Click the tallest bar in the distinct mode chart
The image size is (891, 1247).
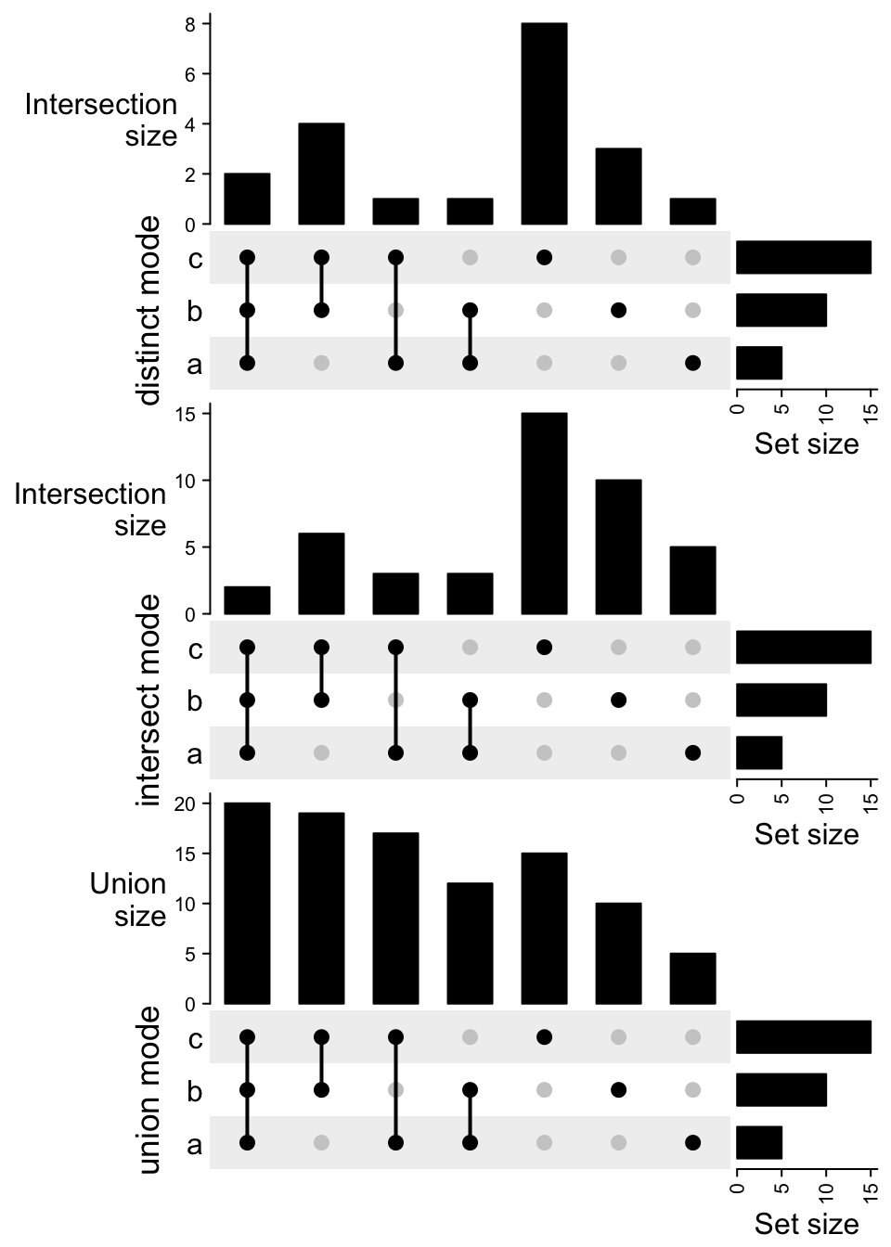[544, 124]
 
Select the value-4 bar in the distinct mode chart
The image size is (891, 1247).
[321, 174]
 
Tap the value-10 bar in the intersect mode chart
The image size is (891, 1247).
[618, 547]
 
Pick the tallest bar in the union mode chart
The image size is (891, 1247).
[247, 904]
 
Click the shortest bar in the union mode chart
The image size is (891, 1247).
[692, 979]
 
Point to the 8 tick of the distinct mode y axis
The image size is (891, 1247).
[190, 24]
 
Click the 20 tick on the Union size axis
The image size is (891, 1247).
[184, 804]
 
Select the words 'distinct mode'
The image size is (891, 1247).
[148, 311]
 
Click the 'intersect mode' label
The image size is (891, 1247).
[148, 701]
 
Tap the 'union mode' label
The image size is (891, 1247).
[148, 1090]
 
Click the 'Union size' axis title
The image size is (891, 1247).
[128, 900]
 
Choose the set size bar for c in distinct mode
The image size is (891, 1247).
[804, 257]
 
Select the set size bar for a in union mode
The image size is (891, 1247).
[759, 1142]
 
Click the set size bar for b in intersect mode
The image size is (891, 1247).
[781, 700]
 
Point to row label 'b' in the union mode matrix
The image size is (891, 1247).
[194, 1091]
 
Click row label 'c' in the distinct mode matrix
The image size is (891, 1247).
[194, 259]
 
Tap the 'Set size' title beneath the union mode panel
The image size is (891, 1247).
[806, 1224]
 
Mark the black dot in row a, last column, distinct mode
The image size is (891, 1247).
[692, 363]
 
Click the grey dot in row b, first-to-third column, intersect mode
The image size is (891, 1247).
[395, 700]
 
